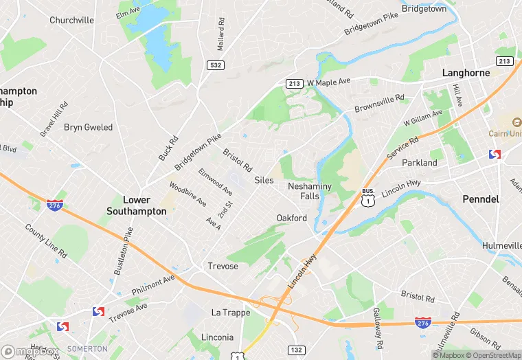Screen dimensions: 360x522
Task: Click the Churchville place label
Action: tap(71, 20)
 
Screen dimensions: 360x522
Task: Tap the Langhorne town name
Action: tap(466, 72)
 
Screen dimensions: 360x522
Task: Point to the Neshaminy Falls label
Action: tap(310, 191)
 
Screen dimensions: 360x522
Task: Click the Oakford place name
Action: tap(291, 218)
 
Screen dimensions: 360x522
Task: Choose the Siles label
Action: tap(264, 180)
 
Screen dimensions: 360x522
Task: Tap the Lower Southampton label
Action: tap(136, 205)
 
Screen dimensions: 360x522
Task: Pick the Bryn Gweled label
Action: tap(88, 127)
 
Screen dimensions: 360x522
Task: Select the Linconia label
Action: tap(217, 337)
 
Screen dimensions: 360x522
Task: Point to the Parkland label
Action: tap(419, 163)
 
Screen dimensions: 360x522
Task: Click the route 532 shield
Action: tap(216, 64)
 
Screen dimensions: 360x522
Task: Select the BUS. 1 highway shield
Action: tap(368, 198)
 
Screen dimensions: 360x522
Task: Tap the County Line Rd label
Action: tap(46, 240)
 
